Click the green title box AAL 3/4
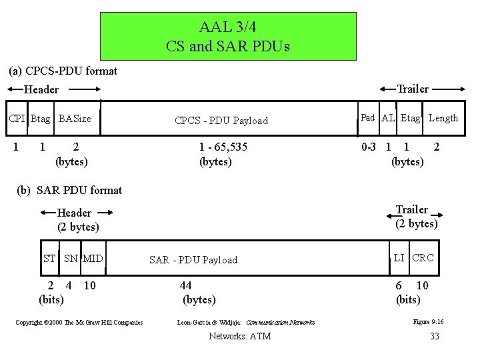tap(228, 37)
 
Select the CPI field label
tap(17, 119)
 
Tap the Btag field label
tap(40, 119)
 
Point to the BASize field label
tap(75, 119)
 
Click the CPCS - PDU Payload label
tap(221, 121)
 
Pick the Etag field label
tap(411, 118)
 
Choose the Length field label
tap(443, 118)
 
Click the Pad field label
tap(368, 117)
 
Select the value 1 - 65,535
tap(223, 147)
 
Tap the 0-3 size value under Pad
tap(368, 145)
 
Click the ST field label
tap(49, 258)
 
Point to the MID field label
tap(93, 258)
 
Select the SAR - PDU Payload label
tap(193, 260)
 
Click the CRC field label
tap(423, 257)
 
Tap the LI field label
tap(399, 257)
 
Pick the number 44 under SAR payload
tap(185, 285)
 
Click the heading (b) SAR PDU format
tap(70, 190)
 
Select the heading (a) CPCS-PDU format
tap(63, 70)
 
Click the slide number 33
tap(435, 336)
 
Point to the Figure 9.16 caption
tap(428, 322)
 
